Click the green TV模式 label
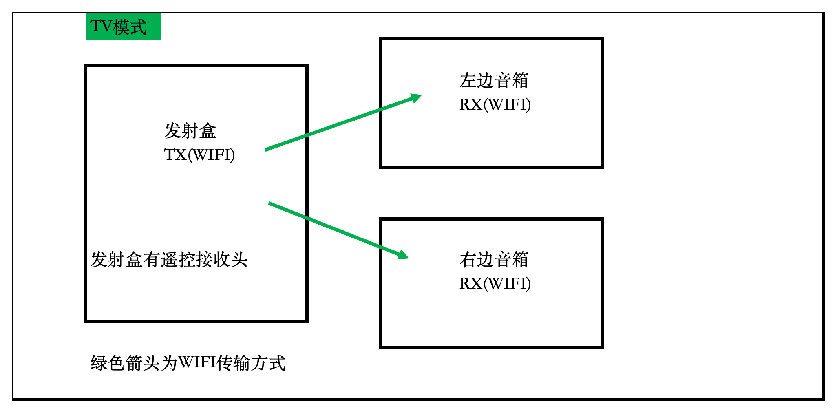tap(123, 27)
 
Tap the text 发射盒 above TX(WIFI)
tap(190, 131)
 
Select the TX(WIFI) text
tap(199, 155)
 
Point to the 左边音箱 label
tap(494, 80)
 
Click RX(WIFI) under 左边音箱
tap(495, 104)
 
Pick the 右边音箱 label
tap(494, 259)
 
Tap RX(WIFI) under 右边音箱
tap(495, 283)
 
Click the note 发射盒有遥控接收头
tap(169, 259)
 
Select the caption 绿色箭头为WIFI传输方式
tap(188, 363)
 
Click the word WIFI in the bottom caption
tap(197, 362)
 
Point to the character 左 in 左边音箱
tap(468, 80)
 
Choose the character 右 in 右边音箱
tap(468, 259)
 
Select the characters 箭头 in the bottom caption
tap(135, 363)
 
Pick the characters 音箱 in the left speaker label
tap(512, 80)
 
